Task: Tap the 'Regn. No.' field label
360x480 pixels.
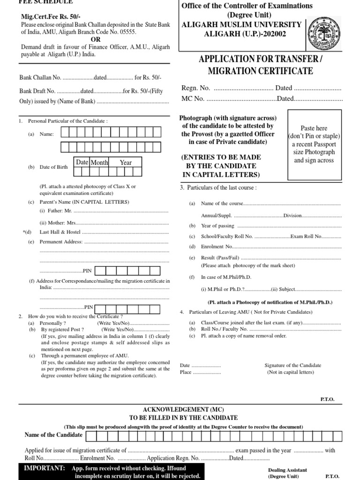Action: pyautogui.click(x=195, y=88)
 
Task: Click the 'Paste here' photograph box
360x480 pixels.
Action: pyautogui.click(x=314, y=144)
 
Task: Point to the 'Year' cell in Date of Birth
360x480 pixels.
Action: pyautogui.click(x=126, y=163)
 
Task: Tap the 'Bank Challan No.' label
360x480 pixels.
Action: pyautogui.click(x=40, y=77)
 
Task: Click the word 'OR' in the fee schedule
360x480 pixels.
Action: pyautogui.click(x=96, y=39)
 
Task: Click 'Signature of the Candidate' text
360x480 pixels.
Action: pyautogui.click(x=292, y=366)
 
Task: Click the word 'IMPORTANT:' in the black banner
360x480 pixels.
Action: pyautogui.click(x=45, y=468)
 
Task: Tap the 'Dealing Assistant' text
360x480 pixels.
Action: pyautogui.click(x=287, y=470)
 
